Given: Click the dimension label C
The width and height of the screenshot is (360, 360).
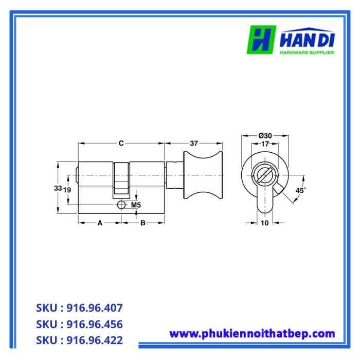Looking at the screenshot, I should pyautogui.click(x=121, y=143).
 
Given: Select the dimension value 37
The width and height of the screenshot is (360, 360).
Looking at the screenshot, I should pyautogui.click(x=194, y=143).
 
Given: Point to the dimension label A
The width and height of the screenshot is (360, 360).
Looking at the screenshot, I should pyautogui.click(x=100, y=223).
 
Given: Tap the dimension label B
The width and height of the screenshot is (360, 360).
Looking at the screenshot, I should pyautogui.click(x=143, y=223).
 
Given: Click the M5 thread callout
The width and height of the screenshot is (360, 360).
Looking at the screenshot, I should pyautogui.click(x=136, y=205).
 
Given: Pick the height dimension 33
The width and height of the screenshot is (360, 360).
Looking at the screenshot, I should pyautogui.click(x=58, y=189).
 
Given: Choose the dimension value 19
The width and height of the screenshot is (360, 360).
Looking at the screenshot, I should pyautogui.click(x=67, y=189).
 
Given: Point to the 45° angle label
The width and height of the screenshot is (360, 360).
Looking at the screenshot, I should pyautogui.click(x=301, y=190).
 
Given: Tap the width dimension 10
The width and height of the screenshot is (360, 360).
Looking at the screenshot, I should pyautogui.click(x=264, y=223).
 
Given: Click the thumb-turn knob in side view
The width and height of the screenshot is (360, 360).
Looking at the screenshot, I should pyautogui.click(x=203, y=175).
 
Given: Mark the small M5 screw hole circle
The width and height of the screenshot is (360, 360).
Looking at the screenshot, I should pyautogui.click(x=121, y=205).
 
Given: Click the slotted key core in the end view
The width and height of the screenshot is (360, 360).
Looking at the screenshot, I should pyautogui.click(x=263, y=175).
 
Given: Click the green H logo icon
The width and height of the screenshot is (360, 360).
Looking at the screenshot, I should pyautogui.click(x=261, y=40).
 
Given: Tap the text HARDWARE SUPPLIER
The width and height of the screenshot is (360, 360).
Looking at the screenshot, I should pyautogui.click(x=307, y=52).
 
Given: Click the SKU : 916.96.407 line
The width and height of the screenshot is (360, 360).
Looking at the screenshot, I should pyautogui.click(x=79, y=308).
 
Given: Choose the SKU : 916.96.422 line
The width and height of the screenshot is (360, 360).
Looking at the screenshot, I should pyautogui.click(x=79, y=340).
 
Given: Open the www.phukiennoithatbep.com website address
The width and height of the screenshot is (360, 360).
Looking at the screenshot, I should pyautogui.click(x=252, y=334).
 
